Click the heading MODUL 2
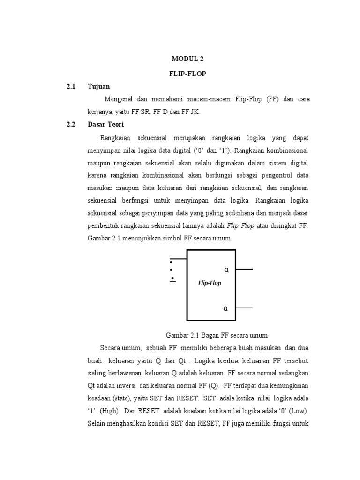click(187, 59)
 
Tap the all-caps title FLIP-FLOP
click(187, 74)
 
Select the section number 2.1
click(71, 87)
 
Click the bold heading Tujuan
click(98, 87)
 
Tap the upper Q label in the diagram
click(226, 270)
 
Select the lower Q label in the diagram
click(226, 309)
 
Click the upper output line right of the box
click(244, 270)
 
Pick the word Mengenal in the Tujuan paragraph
click(119, 99)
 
